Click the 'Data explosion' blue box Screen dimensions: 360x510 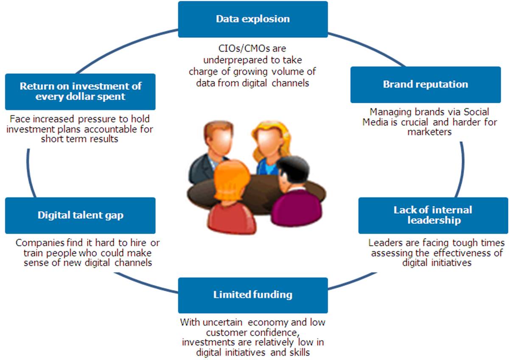(253, 19)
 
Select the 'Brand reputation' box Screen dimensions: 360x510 (425, 84)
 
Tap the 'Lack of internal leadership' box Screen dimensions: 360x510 (433, 215)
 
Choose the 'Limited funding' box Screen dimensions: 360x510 (253, 295)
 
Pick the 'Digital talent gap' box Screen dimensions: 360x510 (80, 215)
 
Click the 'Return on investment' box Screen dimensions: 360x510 (80, 91)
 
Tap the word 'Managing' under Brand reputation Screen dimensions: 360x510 (388, 112)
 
